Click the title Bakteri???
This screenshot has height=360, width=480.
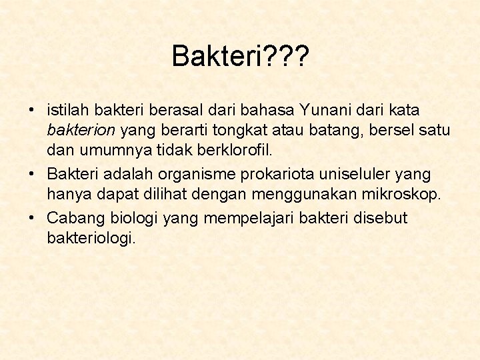[240, 57]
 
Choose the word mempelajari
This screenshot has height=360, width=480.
[243, 219]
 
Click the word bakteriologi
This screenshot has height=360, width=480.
[91, 238]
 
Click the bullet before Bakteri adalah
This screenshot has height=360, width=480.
[31, 175]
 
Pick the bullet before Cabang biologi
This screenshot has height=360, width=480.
[31, 219]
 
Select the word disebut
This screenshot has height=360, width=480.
[383, 218]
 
